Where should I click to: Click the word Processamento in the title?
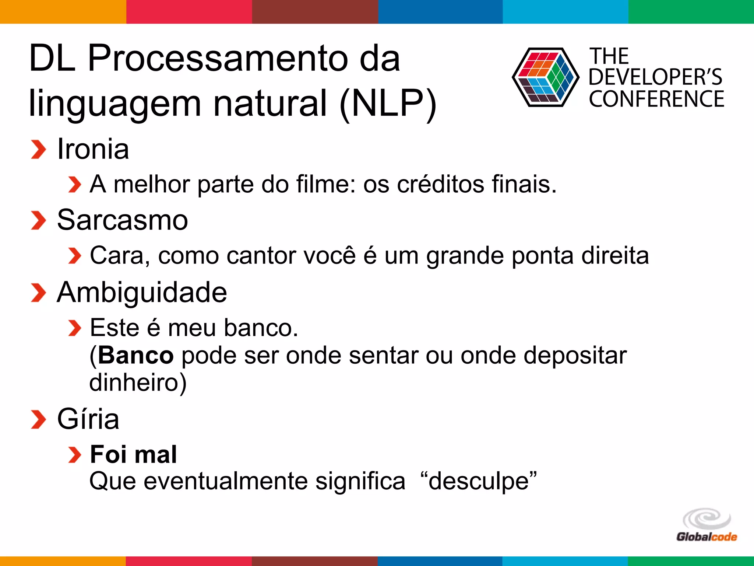click(x=218, y=59)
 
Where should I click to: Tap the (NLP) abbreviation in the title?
click(x=388, y=104)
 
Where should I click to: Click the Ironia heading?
click(x=93, y=149)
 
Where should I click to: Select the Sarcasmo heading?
click(x=123, y=220)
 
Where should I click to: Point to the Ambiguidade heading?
click(x=142, y=292)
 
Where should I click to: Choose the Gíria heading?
click(x=88, y=419)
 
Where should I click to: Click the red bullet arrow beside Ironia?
click(x=38, y=150)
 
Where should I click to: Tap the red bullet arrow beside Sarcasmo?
click(x=38, y=220)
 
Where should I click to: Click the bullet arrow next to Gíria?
click(x=38, y=420)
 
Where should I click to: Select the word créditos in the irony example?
click(x=441, y=184)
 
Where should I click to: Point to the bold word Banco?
click(x=136, y=356)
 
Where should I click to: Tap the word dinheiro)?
click(x=138, y=382)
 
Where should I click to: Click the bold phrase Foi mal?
click(x=134, y=454)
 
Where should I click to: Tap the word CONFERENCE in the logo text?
click(x=656, y=99)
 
